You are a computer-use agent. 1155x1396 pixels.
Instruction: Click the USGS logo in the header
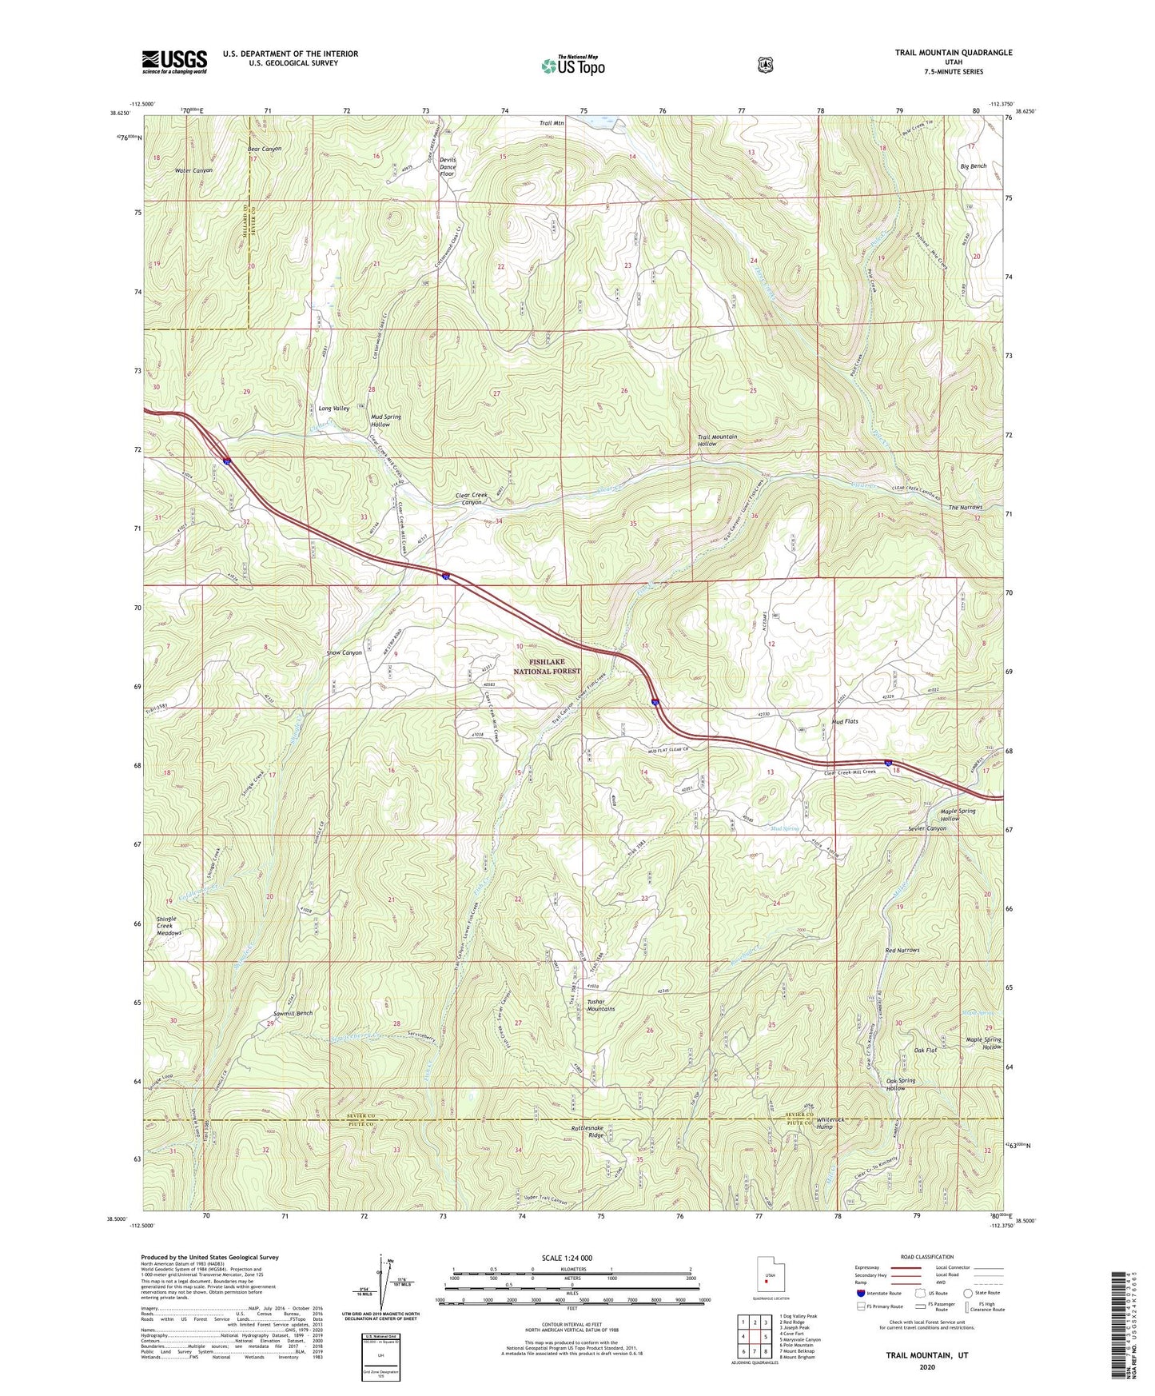[174, 62]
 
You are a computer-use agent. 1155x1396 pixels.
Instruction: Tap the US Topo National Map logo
[572, 65]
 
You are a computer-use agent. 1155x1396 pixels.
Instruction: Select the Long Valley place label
[333, 409]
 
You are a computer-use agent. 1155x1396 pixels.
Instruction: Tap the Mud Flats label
[844, 721]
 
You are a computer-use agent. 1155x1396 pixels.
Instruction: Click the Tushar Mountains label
[600, 1005]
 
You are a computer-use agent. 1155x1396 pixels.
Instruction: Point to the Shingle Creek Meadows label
[169, 926]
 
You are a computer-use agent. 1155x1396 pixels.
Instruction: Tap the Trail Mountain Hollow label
[717, 441]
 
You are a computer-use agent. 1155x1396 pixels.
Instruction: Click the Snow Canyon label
[344, 652]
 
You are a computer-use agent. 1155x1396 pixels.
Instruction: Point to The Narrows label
[965, 508]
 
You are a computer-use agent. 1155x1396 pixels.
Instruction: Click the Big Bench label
[973, 166]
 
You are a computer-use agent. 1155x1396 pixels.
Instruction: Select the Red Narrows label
[902, 951]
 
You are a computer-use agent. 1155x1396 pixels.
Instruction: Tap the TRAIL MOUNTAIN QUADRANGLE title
[953, 53]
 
